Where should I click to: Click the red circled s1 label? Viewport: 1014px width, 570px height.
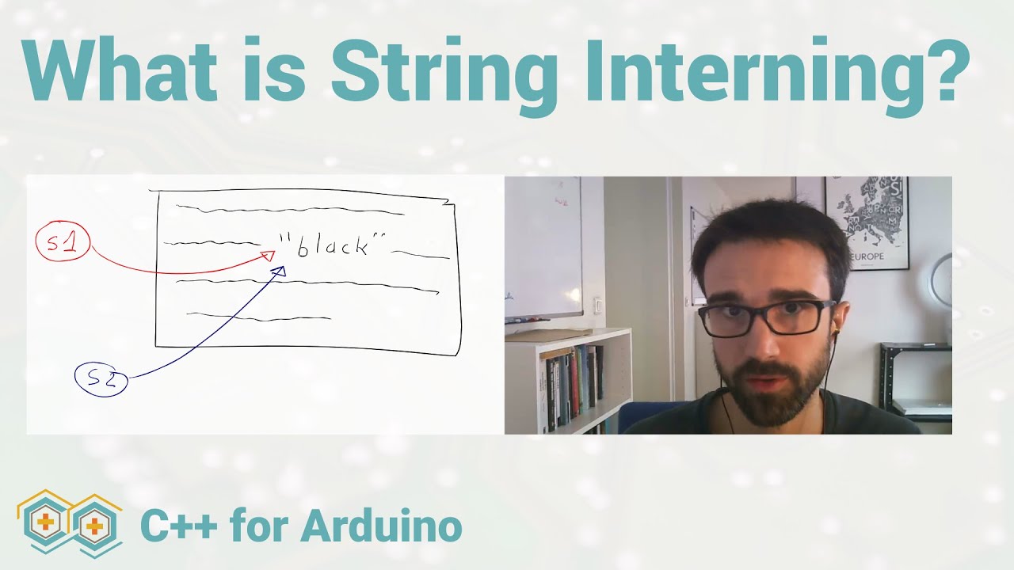[63, 244]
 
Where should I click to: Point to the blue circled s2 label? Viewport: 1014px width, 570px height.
[101, 379]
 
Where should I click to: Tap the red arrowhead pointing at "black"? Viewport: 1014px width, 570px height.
[268, 255]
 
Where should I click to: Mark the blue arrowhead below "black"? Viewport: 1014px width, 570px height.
[278, 272]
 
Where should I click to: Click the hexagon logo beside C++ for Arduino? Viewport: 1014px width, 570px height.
[70, 523]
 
